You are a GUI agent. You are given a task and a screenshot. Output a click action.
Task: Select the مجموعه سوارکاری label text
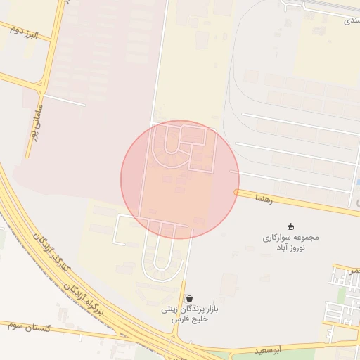[291, 237]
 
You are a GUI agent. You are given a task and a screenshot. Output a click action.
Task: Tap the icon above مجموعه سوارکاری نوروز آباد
[291, 226]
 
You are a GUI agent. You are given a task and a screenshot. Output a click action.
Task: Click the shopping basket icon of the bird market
[189, 298]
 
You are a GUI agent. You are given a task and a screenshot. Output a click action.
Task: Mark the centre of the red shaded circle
[180, 179]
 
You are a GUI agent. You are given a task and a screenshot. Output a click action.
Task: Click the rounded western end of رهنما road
[237, 192]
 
